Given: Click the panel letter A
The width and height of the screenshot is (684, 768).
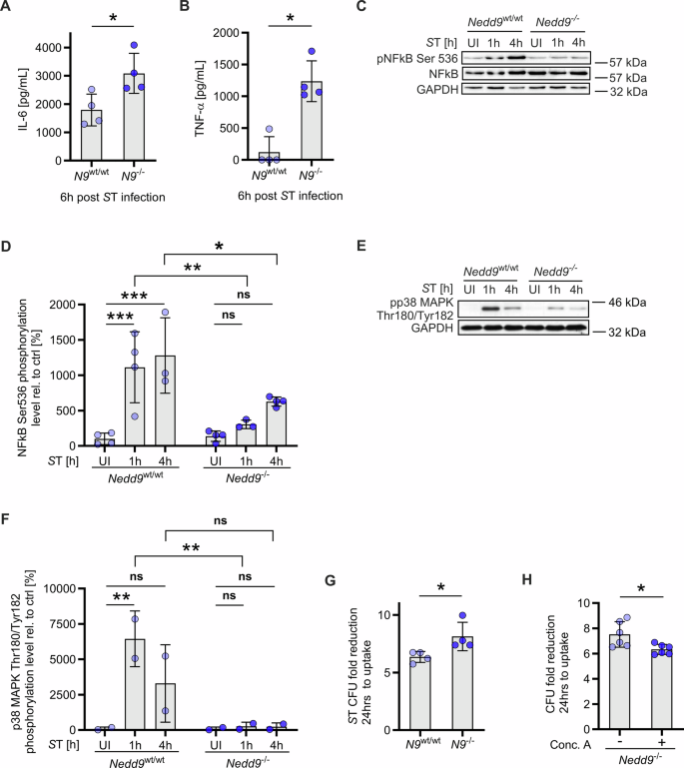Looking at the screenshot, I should click(x=9, y=10).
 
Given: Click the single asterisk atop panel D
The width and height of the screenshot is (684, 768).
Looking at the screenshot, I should click(x=191, y=244).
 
